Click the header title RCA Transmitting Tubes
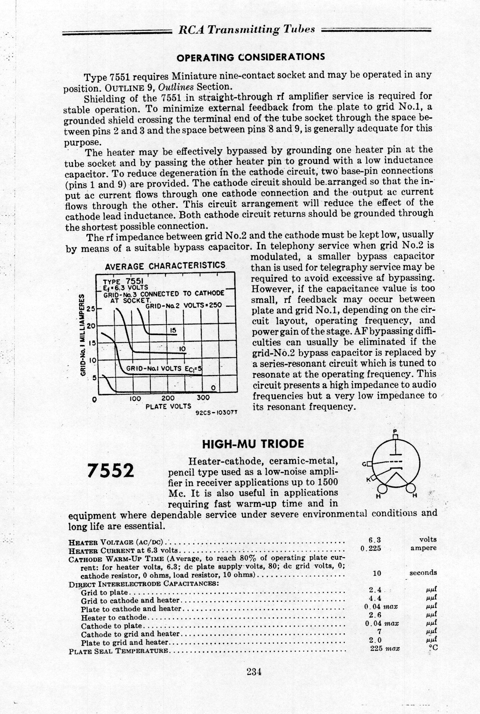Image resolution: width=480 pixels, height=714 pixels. [x=246, y=30]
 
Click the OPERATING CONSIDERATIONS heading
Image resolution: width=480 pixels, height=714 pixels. [x=251, y=57]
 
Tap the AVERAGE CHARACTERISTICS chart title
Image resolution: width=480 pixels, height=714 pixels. [x=166, y=266]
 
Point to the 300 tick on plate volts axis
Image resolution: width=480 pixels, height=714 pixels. [x=203, y=398]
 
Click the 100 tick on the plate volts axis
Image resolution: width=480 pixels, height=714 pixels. [x=135, y=398]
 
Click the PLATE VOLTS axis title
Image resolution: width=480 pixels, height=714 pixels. [x=168, y=406]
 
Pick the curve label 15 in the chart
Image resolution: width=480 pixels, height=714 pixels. [x=173, y=331]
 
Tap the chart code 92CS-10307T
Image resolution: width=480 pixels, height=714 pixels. [x=217, y=413]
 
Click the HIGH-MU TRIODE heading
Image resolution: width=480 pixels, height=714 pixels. [x=253, y=444]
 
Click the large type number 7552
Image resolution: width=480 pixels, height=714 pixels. [x=111, y=471]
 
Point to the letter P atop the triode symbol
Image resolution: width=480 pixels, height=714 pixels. [x=395, y=430]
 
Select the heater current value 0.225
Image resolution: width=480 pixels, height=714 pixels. [x=371, y=548]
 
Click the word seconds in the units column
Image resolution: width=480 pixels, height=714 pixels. [x=423, y=573]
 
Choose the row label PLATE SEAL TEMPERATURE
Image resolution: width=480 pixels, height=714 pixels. [x=118, y=650]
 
